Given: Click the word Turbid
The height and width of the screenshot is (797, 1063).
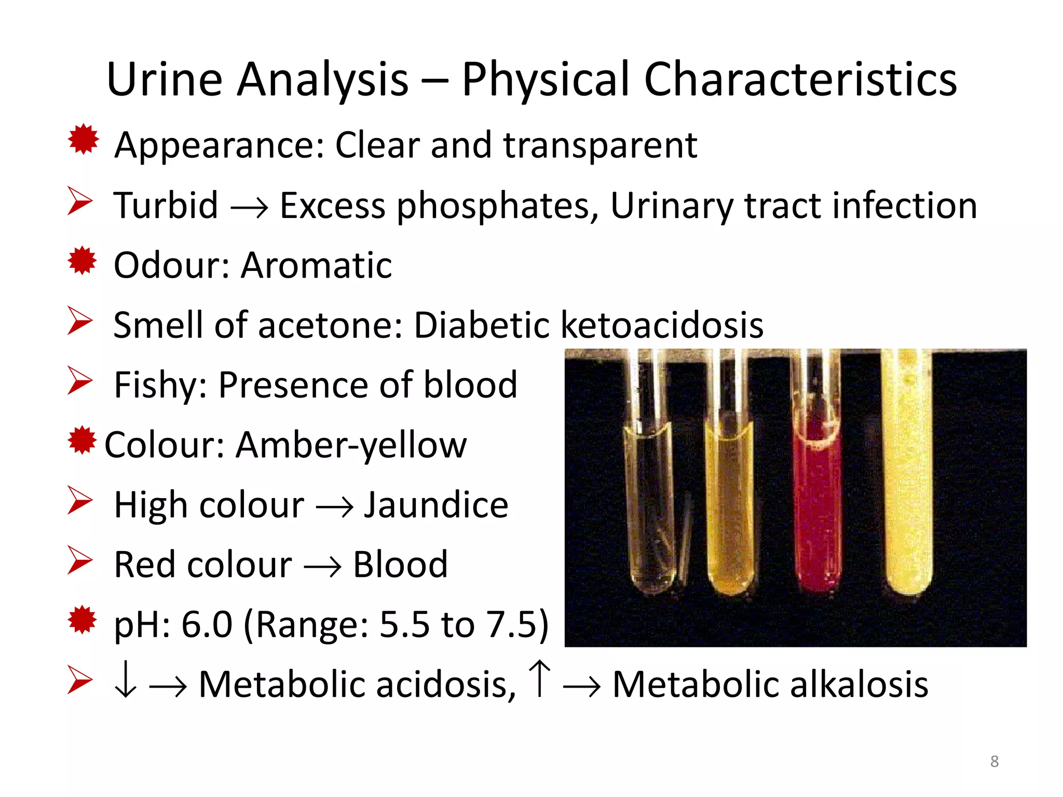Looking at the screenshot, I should (x=166, y=205).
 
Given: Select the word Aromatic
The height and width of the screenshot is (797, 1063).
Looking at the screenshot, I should (x=316, y=265).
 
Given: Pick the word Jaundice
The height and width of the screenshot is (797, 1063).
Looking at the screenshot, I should (x=435, y=505).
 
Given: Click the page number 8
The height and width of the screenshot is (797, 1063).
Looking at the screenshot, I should (x=994, y=761).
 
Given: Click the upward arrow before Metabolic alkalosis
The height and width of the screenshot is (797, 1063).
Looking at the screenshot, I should (x=540, y=679).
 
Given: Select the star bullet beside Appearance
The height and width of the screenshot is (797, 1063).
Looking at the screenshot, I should (x=83, y=139).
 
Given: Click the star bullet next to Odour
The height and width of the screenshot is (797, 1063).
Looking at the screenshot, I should (x=83, y=260).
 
